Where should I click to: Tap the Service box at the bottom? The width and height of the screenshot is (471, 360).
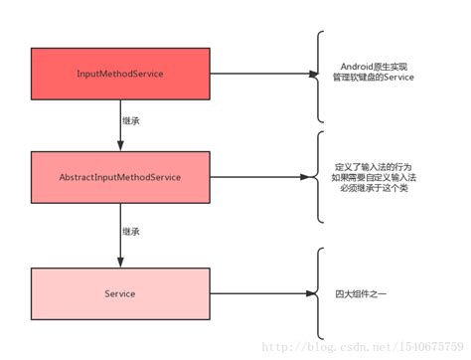coord(119,293)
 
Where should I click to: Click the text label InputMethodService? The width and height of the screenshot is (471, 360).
coord(119,75)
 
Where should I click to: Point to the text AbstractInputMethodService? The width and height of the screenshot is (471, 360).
coord(119,176)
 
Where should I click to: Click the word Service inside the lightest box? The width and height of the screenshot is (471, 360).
coord(119,294)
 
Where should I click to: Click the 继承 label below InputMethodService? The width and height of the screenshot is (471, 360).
coord(130,119)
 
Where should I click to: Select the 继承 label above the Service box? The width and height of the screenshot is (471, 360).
coord(130,231)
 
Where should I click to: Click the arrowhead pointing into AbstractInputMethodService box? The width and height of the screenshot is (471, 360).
coord(119,145)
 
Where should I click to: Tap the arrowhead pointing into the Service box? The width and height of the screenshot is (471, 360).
coord(119,262)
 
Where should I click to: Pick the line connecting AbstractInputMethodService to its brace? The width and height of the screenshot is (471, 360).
coord(258,176)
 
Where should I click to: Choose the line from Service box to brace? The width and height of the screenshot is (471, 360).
coord(258,294)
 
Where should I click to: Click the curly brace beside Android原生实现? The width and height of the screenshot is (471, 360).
coord(319,74)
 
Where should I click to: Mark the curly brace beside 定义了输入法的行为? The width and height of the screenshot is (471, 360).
coord(319,176)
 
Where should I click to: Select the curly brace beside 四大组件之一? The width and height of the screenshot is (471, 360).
coord(319,293)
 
